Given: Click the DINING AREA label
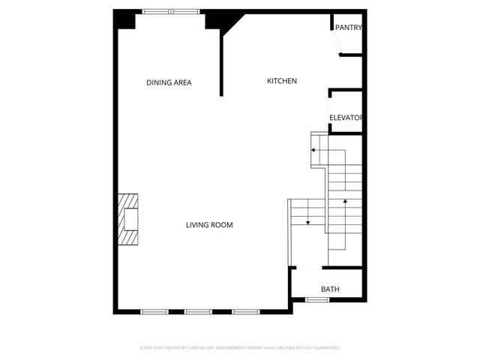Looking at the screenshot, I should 169,82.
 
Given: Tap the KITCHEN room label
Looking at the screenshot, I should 283,81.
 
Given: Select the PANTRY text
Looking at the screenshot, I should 349,28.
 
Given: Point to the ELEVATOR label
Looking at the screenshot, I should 346,118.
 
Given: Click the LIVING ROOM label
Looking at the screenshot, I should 209,225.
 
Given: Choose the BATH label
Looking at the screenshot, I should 330,289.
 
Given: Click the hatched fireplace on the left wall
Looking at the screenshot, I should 127,218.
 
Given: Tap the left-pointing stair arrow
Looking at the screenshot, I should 313,151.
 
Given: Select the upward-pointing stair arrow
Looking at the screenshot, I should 345,201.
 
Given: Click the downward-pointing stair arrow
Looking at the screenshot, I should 307,220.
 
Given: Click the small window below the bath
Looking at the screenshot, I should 317,300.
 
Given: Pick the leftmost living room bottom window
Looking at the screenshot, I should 154,311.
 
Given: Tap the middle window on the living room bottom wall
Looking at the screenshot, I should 199,311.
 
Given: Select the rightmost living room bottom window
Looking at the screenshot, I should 244,311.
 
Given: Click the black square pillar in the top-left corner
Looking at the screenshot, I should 124,20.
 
